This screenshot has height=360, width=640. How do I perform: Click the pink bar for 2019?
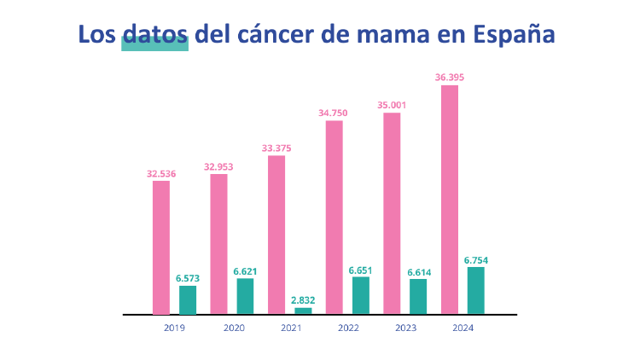(160, 247)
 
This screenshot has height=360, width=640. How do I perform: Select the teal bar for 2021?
(303, 311)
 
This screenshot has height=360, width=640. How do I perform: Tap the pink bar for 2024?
(449, 200)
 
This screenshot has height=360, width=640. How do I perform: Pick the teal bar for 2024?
(475, 290)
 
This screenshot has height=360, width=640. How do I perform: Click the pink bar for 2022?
(334, 218)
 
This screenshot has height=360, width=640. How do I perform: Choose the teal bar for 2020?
(245, 296)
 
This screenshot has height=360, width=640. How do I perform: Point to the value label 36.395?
(449, 78)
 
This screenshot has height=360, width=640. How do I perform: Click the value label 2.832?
(303, 300)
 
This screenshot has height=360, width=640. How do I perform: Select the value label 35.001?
(392, 105)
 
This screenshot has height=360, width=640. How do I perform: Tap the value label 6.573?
(188, 278)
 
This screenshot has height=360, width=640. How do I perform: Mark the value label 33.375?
(276, 148)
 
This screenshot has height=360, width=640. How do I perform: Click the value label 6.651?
(360, 270)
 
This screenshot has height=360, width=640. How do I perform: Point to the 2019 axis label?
(174, 328)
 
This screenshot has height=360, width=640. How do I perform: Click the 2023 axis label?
(405, 328)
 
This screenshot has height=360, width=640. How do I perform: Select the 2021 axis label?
(290, 328)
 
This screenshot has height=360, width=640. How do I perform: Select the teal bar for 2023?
(418, 296)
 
